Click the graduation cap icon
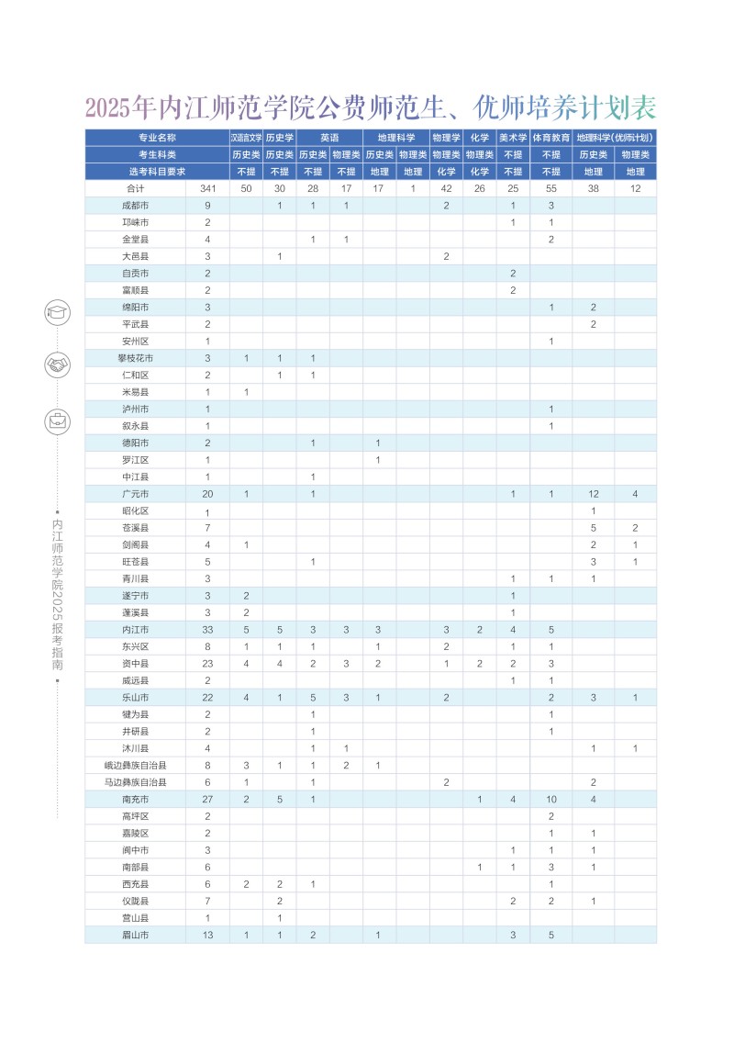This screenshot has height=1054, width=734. tap(57, 312)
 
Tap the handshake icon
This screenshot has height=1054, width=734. tap(57, 365)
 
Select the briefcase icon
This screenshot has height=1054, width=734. tap(57, 421)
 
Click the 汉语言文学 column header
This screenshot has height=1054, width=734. tap(246, 137)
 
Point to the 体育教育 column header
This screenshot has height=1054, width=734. tap(551, 137)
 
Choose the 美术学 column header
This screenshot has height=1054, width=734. tap(513, 137)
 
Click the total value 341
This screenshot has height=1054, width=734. tap(208, 188)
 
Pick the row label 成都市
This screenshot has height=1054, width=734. tap(135, 205)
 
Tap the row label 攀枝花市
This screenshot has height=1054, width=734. tap(135, 358)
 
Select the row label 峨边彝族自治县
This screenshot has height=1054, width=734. tap(135, 765)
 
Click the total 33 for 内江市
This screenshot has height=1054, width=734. tap(208, 630)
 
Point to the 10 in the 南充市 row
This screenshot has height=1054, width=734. tap(551, 799)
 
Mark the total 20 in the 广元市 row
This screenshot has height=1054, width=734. tap(208, 494)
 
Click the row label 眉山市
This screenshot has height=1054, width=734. tap(135, 935)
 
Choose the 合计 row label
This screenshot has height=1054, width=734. tap(135, 188)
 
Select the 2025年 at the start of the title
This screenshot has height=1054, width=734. tap(119, 108)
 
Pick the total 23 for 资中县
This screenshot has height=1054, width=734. tap(208, 663)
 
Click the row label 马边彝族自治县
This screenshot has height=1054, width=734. tap(135, 782)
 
